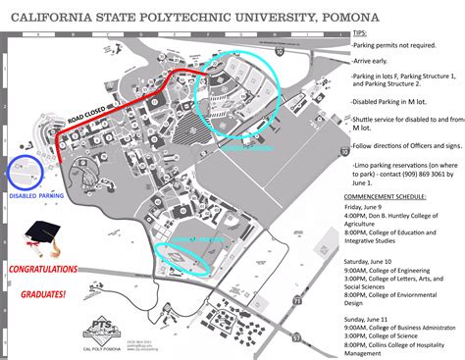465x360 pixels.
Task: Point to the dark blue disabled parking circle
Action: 24,172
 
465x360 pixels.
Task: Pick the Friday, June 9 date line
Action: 372,208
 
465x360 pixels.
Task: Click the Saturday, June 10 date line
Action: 378,264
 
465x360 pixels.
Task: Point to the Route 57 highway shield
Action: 323,338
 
